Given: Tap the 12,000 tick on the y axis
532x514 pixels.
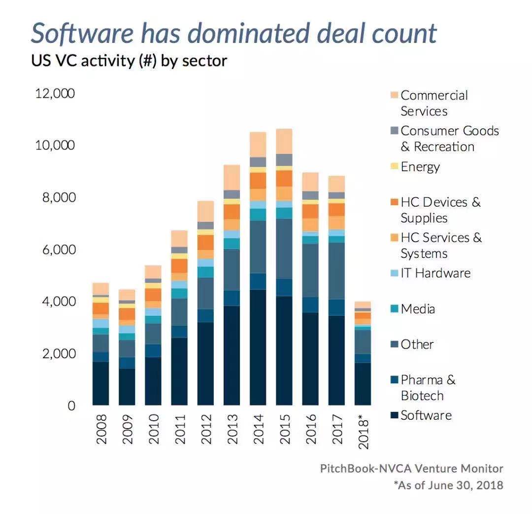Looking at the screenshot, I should [x=54, y=93].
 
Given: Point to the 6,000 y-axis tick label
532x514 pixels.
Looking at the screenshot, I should [x=55, y=250].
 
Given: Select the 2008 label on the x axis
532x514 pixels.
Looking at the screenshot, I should [x=101, y=429].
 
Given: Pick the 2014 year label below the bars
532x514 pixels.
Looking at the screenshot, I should [x=258, y=429].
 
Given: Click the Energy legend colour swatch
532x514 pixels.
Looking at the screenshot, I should [x=394, y=167].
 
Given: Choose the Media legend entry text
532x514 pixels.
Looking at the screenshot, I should [x=418, y=309].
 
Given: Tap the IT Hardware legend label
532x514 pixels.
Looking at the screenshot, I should [x=435, y=273].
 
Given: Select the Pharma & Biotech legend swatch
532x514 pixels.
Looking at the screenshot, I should [x=394, y=380].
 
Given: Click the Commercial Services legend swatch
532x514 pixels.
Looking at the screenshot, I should [x=394, y=95].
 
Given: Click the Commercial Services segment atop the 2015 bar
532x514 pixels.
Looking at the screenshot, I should [x=284, y=141].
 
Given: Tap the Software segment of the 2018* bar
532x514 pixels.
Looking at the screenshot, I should [x=363, y=384].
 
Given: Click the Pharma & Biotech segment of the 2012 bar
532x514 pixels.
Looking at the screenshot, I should [x=205, y=316].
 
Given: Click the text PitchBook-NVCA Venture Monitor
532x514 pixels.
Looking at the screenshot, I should [x=412, y=468].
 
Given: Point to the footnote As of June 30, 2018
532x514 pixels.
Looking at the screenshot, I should [x=448, y=485].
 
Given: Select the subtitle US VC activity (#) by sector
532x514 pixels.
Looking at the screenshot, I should [x=129, y=61].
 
